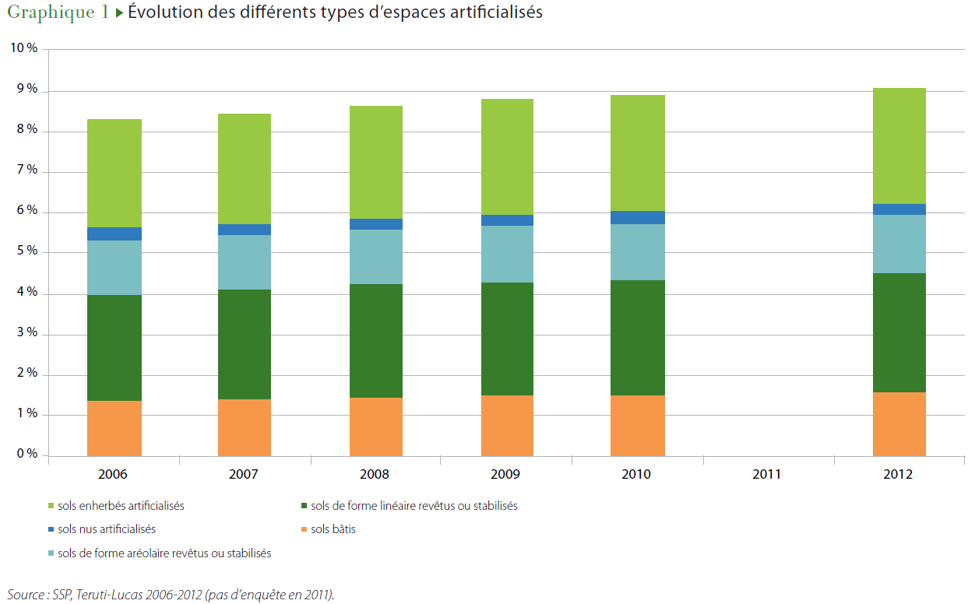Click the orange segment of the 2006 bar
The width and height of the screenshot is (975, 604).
point(114,428)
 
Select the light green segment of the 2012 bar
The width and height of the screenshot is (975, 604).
point(899,146)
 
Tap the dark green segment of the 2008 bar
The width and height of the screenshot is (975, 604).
point(376,341)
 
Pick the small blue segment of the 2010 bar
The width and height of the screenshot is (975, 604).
point(638,217)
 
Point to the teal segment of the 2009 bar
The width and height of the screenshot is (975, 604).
point(507,254)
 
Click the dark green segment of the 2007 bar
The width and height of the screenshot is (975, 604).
point(245,344)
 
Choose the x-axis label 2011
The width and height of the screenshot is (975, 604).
point(766,474)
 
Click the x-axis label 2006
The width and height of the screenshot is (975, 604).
point(113,474)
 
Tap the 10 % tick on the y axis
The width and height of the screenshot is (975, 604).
point(23,48)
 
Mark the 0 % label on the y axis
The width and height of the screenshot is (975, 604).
point(26,454)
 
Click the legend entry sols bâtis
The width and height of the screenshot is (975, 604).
point(333,529)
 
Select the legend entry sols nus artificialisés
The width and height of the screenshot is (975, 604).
point(107,529)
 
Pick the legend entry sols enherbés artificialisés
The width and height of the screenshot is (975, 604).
point(121,506)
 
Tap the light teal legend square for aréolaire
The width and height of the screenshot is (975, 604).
point(51,553)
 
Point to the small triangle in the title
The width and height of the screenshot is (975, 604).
point(120,13)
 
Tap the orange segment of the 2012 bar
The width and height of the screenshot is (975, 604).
point(899,424)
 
